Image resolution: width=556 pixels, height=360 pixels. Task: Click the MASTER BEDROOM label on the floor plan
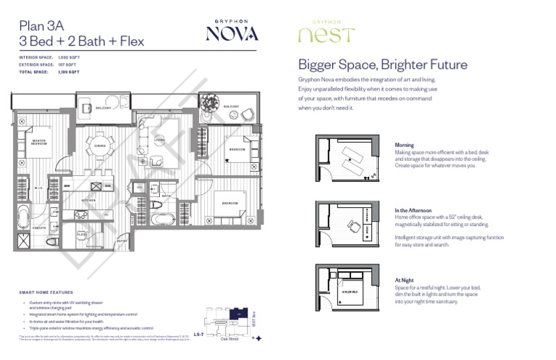[39, 142]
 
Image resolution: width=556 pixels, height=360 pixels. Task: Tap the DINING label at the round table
[100, 146]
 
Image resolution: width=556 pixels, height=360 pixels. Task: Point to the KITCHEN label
[88, 200]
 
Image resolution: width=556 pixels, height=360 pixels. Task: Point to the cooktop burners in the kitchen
[79, 215]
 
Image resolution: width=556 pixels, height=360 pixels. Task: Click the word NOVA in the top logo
[232, 33]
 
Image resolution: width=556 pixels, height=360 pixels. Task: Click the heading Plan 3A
[41, 25]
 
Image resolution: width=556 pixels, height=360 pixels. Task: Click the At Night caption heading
[404, 280]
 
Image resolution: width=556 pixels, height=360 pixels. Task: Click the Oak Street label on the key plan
[230, 336]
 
